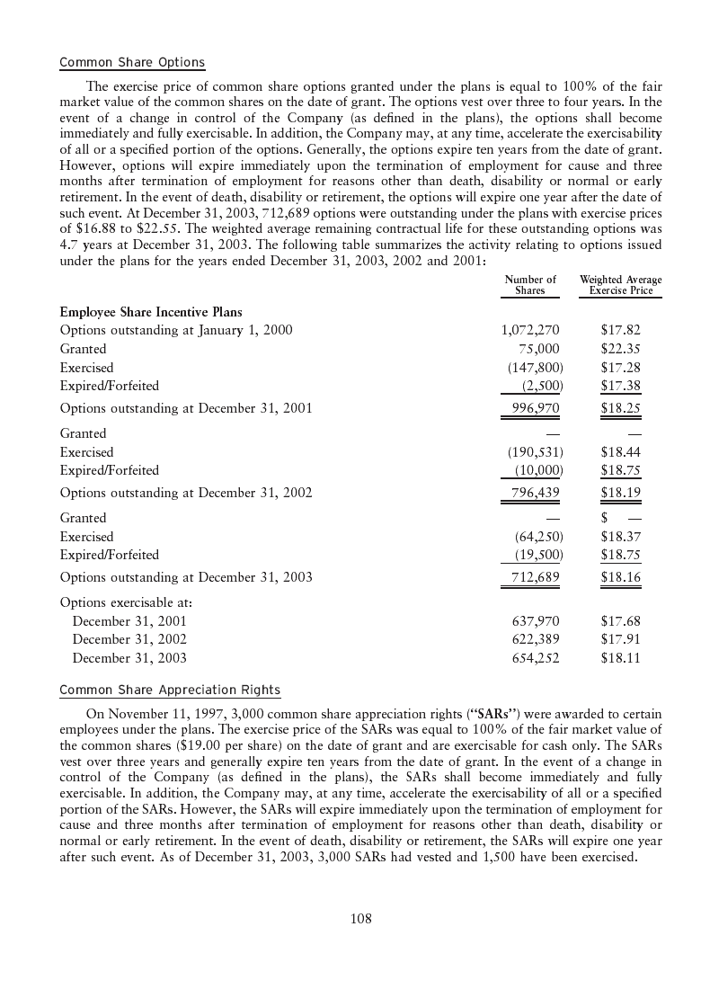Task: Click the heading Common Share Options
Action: tap(132, 63)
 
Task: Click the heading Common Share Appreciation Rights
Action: tap(170, 690)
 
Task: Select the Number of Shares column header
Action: tap(530, 285)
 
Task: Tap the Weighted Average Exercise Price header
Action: tap(620, 285)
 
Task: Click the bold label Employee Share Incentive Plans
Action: tap(151, 312)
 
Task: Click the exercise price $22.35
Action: tap(620, 349)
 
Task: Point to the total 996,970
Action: tap(536, 408)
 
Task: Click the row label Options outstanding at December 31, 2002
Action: tap(186, 493)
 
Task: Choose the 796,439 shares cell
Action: tap(536, 493)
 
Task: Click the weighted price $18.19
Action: tap(620, 493)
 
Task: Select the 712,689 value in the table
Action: tap(536, 577)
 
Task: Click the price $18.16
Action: tap(620, 577)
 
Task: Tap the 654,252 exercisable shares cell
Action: tap(536, 658)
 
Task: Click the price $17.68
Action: tap(620, 621)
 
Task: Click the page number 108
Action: tap(360, 918)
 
